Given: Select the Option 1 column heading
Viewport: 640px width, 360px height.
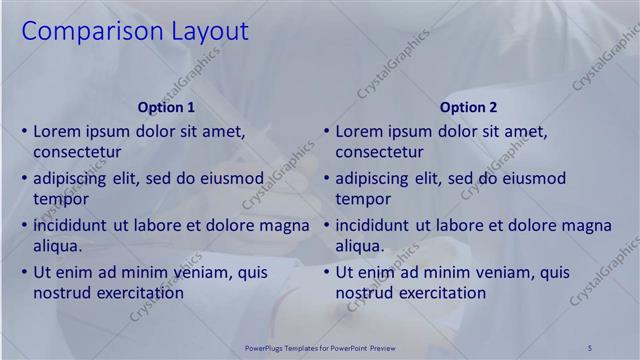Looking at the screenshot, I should (x=165, y=107).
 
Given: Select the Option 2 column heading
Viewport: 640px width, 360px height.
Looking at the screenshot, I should (x=468, y=107).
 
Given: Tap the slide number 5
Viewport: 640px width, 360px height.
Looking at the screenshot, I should (x=590, y=347).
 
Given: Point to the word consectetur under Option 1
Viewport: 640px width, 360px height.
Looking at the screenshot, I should (x=77, y=153).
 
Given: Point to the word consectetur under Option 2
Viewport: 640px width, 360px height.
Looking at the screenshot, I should (x=379, y=153).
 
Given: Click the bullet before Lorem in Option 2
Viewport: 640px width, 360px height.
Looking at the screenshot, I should (x=325, y=131).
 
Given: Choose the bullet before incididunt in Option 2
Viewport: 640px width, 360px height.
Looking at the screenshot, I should (x=325, y=225).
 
